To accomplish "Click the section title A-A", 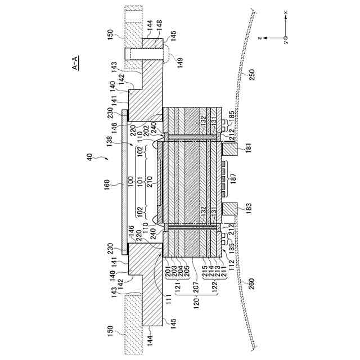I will [75, 62].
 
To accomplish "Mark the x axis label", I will [285, 12].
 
